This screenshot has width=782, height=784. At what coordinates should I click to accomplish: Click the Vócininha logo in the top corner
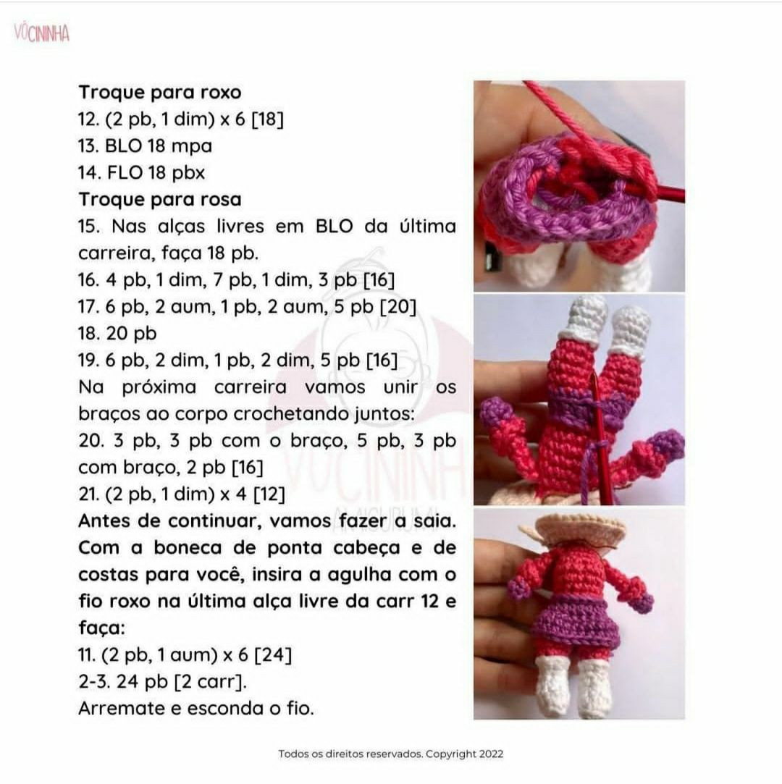pyautogui.click(x=41, y=33)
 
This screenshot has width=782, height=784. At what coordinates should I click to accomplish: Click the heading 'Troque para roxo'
pyautogui.click(x=159, y=93)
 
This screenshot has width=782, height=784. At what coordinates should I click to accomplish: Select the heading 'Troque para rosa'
pyautogui.click(x=159, y=199)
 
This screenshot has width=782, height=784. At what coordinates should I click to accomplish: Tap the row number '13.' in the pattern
pyautogui.click(x=88, y=146)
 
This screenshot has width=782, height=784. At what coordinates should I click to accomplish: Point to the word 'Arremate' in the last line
pyautogui.click(x=121, y=709)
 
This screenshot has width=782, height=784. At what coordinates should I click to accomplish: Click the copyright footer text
pyautogui.click(x=390, y=754)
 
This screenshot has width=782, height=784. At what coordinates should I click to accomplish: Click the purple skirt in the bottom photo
pyautogui.click(x=576, y=623)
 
